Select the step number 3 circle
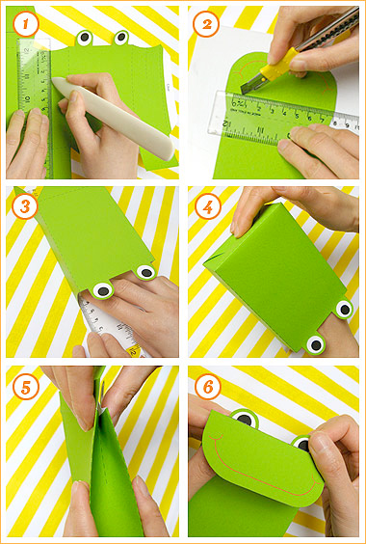(x=24, y=204)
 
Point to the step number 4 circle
(x=204, y=204)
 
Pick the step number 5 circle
(x=24, y=385)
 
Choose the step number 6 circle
(x=204, y=385)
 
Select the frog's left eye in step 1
(x=84, y=39)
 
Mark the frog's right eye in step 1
(x=121, y=38)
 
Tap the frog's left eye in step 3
(x=104, y=287)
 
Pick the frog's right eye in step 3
(x=145, y=273)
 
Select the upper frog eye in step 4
(x=344, y=309)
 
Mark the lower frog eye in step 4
(x=314, y=343)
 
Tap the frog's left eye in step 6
(x=243, y=420)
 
